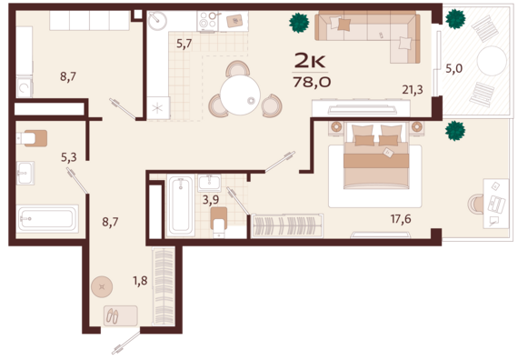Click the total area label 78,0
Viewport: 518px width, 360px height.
click(x=312, y=82)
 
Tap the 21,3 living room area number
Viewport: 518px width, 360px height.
click(x=413, y=90)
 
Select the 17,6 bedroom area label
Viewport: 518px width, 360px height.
click(x=401, y=219)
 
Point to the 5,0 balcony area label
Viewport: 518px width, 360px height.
click(x=453, y=69)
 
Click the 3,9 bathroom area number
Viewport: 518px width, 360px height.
click(x=211, y=200)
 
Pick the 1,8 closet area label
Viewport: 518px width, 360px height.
click(x=140, y=281)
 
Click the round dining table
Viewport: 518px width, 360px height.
click(x=240, y=95)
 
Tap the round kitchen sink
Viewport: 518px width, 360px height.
click(x=157, y=21)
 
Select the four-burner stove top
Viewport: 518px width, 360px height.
click(x=207, y=21)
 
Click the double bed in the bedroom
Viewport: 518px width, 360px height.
click(x=376, y=156)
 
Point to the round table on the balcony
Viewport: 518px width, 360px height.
click(x=492, y=61)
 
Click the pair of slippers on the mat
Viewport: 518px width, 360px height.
click(x=112, y=316)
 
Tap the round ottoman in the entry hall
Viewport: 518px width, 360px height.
click(x=102, y=286)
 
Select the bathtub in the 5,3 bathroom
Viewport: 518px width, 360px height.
click(x=47, y=218)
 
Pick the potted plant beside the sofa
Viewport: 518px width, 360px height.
click(x=299, y=23)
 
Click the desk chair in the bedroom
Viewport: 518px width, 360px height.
click(x=475, y=204)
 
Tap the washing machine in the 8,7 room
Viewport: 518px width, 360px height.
click(x=25, y=87)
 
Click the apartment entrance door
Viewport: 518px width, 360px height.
click(x=126, y=343)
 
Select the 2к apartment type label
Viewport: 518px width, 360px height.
click(x=310, y=60)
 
